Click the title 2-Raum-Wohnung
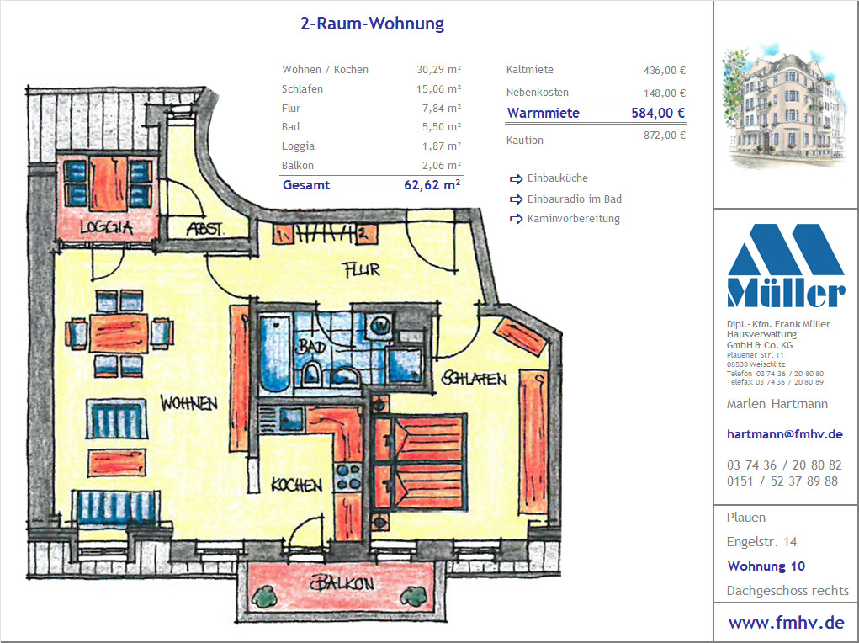pos(372,24)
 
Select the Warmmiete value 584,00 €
pos(658,113)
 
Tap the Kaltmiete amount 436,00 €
pos(664,70)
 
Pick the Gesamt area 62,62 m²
pos(432,184)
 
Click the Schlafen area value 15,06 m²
pos(438,89)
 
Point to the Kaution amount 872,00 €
pos(664,135)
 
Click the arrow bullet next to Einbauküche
pos(516,178)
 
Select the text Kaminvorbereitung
pos(574,219)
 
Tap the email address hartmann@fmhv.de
pos(784,434)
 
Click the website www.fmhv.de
pos(786,623)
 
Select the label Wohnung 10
pos(766,566)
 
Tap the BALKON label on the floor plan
pos(342,583)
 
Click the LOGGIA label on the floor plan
pos(106,227)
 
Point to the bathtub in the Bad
pos(274,353)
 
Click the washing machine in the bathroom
pos(380,326)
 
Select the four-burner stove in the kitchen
pos(347,477)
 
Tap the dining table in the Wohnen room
pos(119,332)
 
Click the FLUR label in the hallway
pos(360,269)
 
